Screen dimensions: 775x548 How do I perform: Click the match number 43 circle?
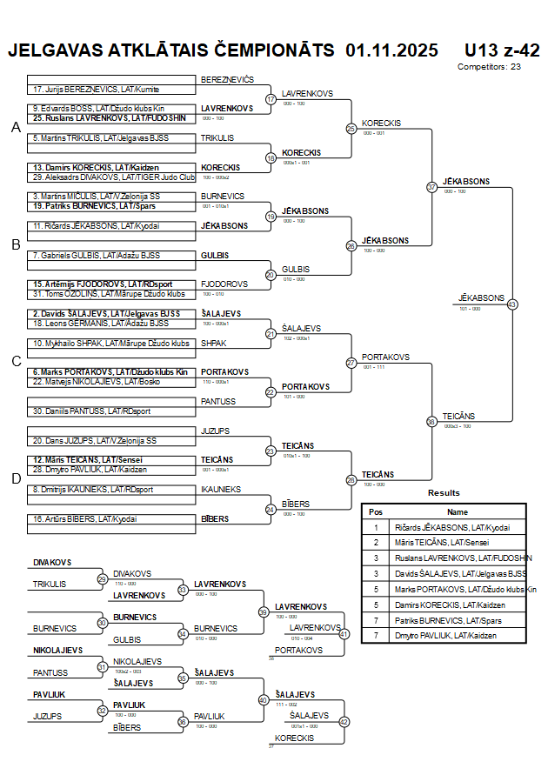511,304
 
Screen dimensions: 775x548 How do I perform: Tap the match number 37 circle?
431,187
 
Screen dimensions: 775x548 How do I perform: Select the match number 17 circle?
271,99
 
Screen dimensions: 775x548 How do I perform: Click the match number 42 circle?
344,721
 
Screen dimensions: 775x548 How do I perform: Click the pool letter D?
15,478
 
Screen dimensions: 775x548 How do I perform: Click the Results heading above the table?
444,493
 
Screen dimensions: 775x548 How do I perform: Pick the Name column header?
458,512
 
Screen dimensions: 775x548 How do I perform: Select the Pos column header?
376,512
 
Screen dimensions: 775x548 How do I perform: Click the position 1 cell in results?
376,527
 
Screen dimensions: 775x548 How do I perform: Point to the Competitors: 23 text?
489,66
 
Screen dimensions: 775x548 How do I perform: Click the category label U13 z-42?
502,50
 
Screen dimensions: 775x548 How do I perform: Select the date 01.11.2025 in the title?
391,50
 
